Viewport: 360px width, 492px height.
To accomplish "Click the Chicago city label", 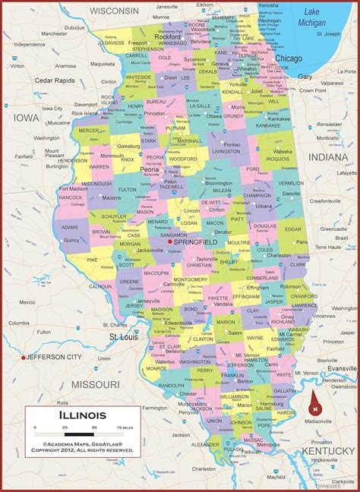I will [289, 58].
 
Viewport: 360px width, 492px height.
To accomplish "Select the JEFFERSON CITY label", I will [55, 357].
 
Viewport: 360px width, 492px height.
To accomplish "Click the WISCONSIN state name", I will [115, 11].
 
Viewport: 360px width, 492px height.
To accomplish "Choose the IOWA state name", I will [26, 118].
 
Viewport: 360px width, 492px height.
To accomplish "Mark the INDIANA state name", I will [327, 156].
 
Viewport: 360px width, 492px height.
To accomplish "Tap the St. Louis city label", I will [123, 336].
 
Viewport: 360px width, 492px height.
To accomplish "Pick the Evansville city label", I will [341, 367].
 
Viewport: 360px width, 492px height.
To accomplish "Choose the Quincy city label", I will [72, 239].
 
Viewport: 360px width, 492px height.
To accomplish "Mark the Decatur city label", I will [223, 232].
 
